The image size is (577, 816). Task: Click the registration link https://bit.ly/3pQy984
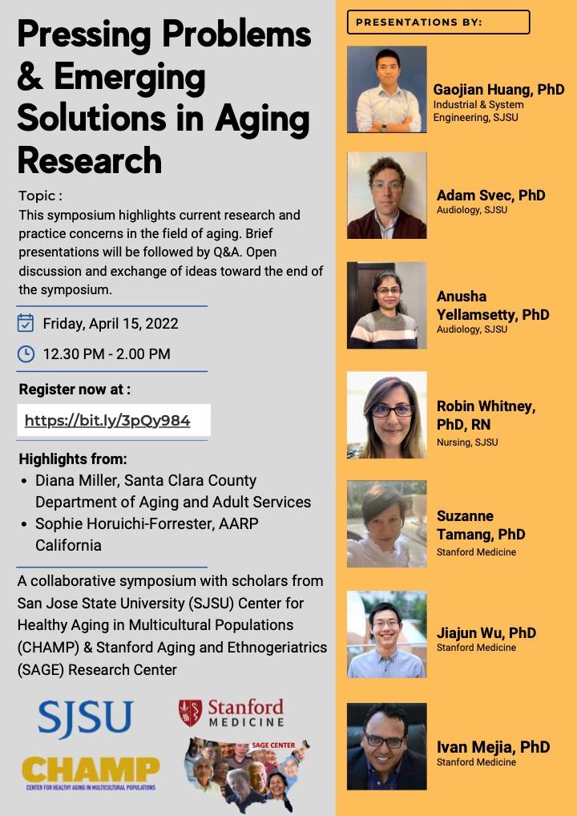[x=107, y=421]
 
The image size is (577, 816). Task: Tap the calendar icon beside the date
[x=26, y=323]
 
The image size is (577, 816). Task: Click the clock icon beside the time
[x=26, y=353]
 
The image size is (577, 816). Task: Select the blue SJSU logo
[x=86, y=719]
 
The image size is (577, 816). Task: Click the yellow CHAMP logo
[x=91, y=772]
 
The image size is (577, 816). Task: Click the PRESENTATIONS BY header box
[x=438, y=22]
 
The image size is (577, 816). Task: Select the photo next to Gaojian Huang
[x=387, y=89]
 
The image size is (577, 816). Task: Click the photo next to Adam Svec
[x=387, y=195]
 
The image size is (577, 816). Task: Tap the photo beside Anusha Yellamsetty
[x=387, y=305]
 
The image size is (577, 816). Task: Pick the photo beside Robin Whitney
[x=387, y=415]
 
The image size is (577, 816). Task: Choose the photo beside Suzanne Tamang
[x=387, y=524]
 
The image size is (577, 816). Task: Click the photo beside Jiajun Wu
[x=387, y=634]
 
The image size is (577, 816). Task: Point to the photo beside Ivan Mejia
[x=387, y=746]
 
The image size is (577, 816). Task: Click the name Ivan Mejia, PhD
[x=493, y=747]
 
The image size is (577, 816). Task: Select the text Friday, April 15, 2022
[x=111, y=324]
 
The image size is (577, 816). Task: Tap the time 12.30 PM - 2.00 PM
[x=107, y=354]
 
